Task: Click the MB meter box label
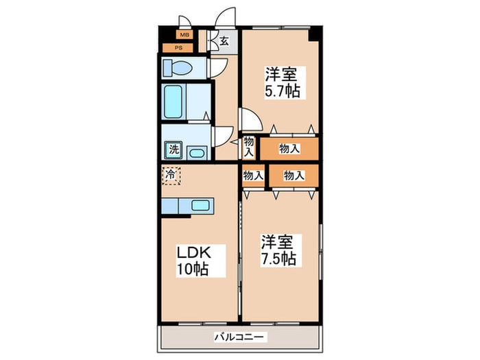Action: click(184, 35)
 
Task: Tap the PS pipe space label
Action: click(178, 48)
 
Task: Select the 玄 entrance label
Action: click(224, 40)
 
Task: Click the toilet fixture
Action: click(177, 67)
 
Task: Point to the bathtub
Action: click(173, 102)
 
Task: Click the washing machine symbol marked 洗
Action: click(174, 150)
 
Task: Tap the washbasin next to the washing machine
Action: click(197, 152)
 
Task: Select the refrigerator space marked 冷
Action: click(171, 176)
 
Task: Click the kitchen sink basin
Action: click(200, 205)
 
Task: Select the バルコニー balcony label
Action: click(239, 337)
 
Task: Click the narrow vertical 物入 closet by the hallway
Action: click(248, 147)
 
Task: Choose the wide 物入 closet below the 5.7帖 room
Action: click(289, 149)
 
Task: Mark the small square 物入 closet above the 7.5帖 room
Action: click(253, 176)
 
